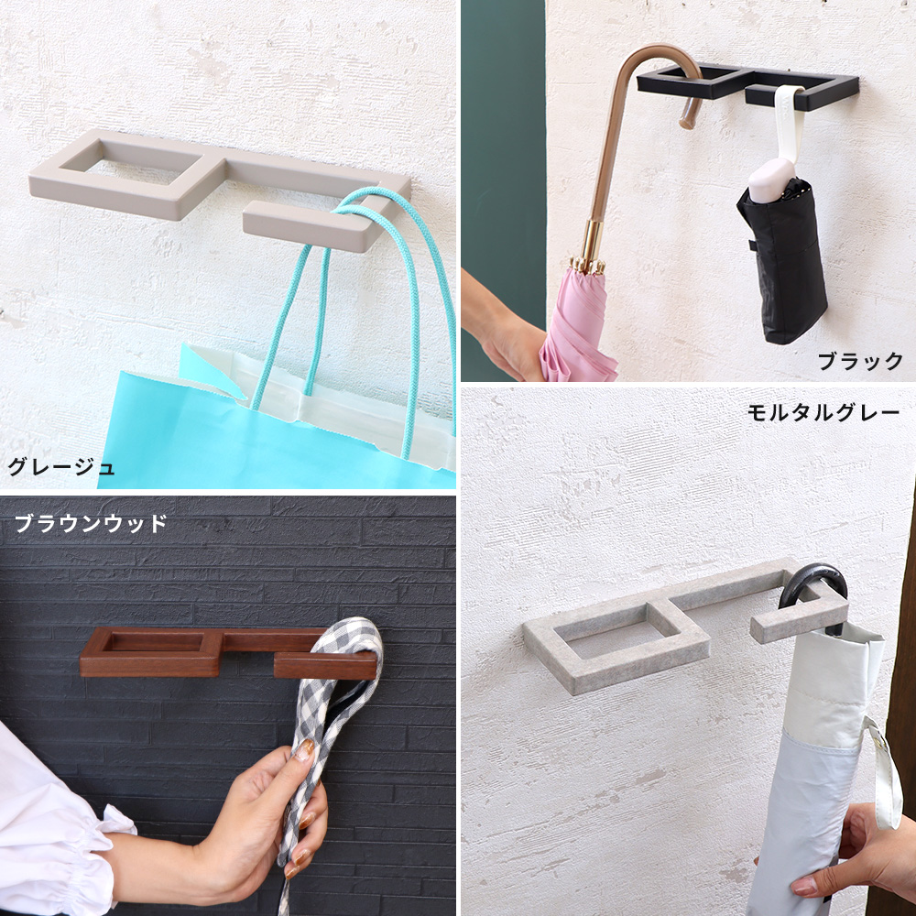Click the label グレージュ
tap(60, 467)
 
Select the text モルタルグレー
tap(823, 414)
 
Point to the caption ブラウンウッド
tap(91, 523)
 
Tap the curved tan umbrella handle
tap(631, 117)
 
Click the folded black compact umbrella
tap(783, 263)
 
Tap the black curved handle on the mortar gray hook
tap(812, 584)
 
